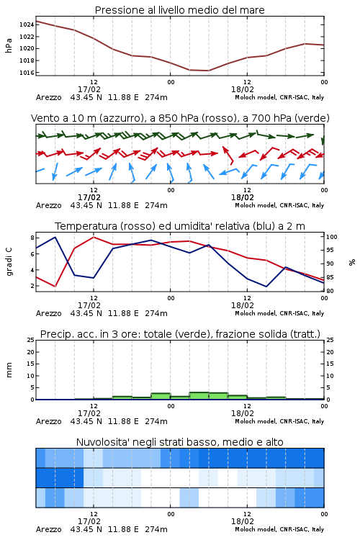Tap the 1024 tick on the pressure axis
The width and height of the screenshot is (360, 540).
(27, 24)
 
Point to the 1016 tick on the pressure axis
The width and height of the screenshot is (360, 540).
(27, 73)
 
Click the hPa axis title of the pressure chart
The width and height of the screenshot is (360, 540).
(9, 45)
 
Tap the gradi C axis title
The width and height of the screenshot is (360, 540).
(9, 261)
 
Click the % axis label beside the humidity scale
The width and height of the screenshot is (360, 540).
(352, 262)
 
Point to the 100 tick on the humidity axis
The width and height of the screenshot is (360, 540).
(332, 237)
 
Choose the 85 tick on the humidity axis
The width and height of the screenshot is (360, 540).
(330, 277)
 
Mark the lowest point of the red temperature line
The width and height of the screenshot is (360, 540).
(55, 287)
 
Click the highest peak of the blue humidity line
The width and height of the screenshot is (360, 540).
(55, 237)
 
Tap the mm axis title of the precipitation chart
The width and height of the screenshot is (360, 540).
(9, 370)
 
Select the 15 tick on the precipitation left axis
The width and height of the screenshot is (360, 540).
(31, 364)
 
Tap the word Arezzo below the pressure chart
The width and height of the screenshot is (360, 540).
(48, 97)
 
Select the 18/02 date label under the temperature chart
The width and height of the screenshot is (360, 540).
(243, 305)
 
